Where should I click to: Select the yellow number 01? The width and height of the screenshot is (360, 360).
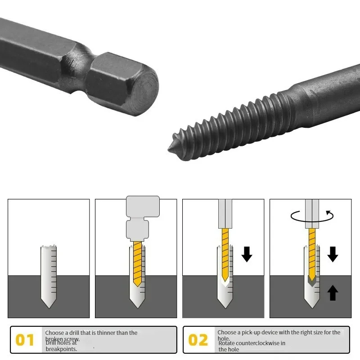pos(25,340)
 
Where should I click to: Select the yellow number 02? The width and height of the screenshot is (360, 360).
pos(198,340)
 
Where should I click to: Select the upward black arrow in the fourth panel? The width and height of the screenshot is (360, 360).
pos(333,293)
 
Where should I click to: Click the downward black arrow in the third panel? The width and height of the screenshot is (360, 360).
pos(247,254)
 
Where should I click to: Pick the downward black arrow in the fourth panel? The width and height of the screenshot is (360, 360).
pos(333,254)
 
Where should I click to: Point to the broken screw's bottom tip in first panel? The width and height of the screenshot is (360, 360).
pos(49,307)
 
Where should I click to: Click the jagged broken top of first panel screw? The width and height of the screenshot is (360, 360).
pos(49,247)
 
